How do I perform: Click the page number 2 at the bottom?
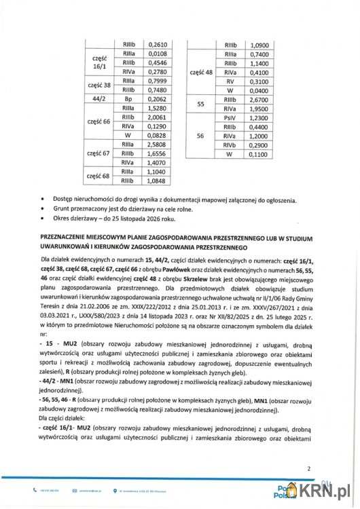coord(308,468)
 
